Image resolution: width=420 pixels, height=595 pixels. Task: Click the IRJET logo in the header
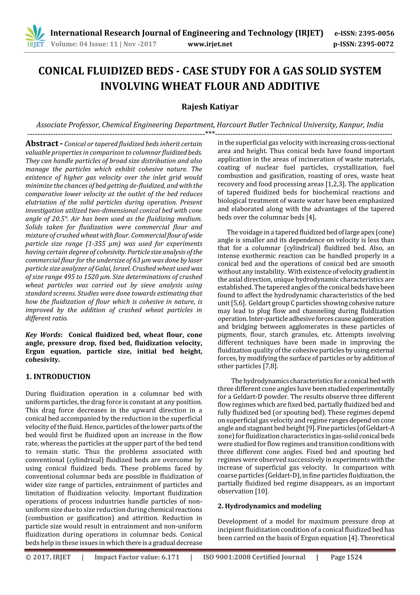[35, 37]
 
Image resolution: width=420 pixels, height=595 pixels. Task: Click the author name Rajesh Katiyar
[210, 107]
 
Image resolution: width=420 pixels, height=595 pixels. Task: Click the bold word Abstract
[42, 144]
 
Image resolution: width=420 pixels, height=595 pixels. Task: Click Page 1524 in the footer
[346, 557]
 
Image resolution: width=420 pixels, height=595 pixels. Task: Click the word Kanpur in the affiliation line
[351, 125]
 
